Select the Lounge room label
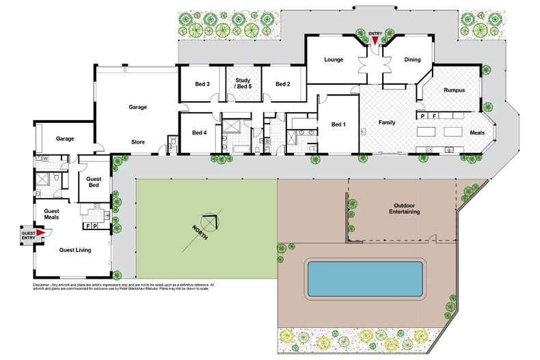[x=333, y=60]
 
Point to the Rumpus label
[x=454, y=89]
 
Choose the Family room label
[x=388, y=123]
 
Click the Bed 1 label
[x=339, y=125]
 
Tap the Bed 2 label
[x=284, y=84]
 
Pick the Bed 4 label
[x=199, y=132]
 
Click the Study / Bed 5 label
[x=242, y=83]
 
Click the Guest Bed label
[x=94, y=182]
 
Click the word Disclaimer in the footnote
[x=44, y=283]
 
